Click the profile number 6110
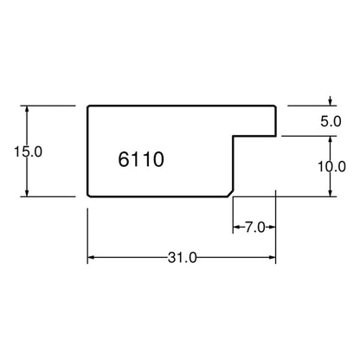(x=141, y=159)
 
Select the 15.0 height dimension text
(x=28, y=151)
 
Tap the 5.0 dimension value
(x=331, y=121)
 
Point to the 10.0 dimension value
(x=331, y=166)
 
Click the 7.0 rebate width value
(x=255, y=228)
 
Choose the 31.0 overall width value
(x=183, y=258)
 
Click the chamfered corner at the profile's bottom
(x=230, y=194)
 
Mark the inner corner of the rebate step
(x=234, y=136)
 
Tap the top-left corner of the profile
(x=88, y=106)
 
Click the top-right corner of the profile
(x=275, y=106)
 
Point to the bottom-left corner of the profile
(x=88, y=196)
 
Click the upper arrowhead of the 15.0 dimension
(x=27, y=109)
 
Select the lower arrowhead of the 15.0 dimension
(x=27, y=193)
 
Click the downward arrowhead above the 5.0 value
(x=331, y=103)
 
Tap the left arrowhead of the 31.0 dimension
(x=91, y=257)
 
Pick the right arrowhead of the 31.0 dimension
(x=272, y=257)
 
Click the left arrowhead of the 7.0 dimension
(x=236, y=228)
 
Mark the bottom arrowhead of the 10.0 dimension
(x=331, y=193)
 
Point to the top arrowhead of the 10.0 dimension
(x=331, y=139)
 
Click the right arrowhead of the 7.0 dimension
(x=272, y=228)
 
